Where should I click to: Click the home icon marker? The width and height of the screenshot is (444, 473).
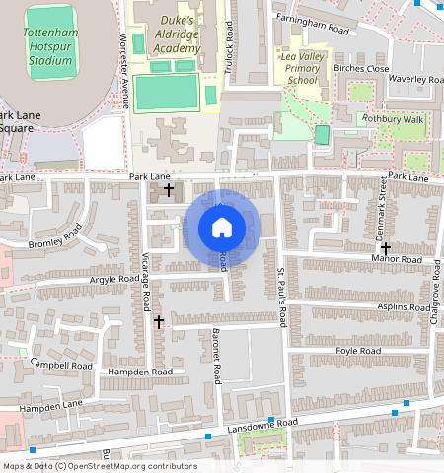point(222,229)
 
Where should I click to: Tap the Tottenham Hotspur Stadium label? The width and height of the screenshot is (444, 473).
point(49,46)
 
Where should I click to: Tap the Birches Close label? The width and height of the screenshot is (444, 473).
point(362,69)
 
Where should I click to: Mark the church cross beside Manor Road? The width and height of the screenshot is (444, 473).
point(385,249)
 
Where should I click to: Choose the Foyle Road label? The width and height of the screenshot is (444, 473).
point(358,350)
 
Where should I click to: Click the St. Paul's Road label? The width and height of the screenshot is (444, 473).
point(281,297)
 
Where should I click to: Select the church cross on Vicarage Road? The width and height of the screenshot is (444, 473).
point(158,322)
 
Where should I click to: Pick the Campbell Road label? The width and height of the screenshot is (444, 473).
point(61,365)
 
